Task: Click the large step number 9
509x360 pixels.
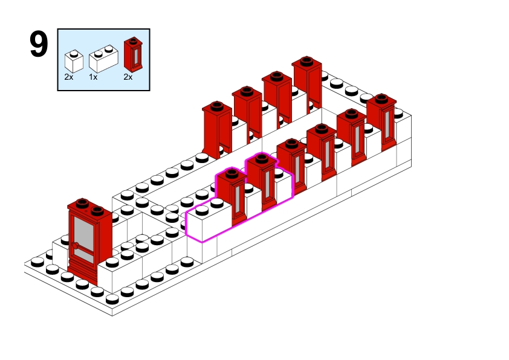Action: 38,45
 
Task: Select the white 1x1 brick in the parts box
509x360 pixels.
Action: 74,61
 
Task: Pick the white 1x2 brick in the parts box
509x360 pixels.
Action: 102,59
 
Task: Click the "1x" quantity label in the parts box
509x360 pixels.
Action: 94,77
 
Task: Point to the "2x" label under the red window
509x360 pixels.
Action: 128,77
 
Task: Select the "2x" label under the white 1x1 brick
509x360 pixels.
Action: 70,77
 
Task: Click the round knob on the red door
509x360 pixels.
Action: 77,245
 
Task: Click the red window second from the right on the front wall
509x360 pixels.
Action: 352,136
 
